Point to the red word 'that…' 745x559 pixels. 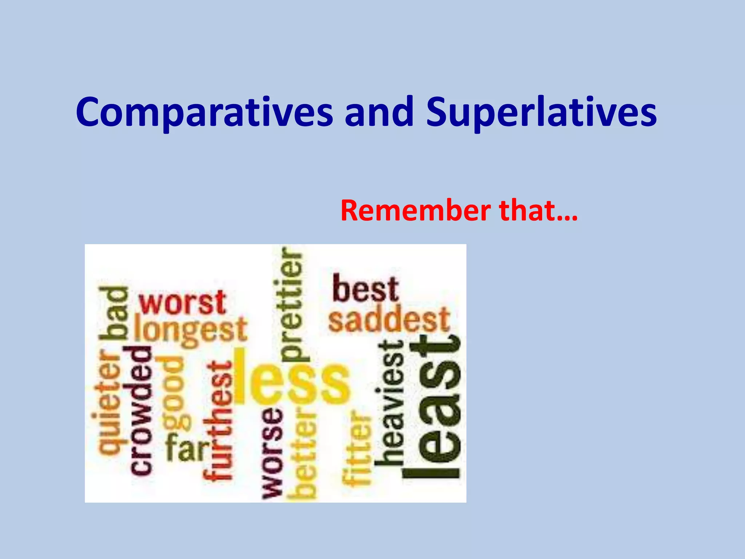tap(538, 211)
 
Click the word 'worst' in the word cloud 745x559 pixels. tap(183, 303)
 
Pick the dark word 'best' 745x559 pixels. tap(365, 289)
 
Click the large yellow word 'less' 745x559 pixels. tap(291, 378)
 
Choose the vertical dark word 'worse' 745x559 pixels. tap(272, 453)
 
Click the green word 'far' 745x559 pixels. tap(188, 448)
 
